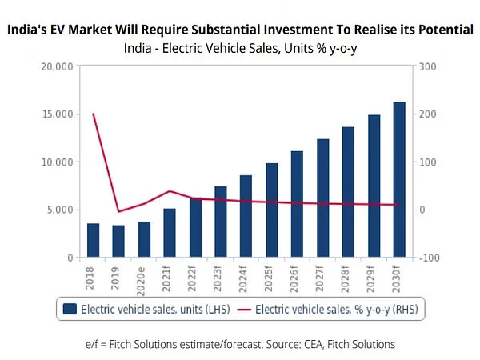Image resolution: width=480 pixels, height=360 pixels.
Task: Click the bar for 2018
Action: coord(94,241)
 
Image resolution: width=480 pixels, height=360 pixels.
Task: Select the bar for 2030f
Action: coord(398,180)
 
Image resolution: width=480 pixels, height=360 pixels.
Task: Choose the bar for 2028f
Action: coord(348,192)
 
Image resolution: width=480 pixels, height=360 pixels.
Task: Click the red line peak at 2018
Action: coord(94,114)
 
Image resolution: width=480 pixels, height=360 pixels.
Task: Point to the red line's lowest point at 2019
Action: coord(119,212)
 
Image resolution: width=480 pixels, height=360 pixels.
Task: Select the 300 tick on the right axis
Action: coord(426,66)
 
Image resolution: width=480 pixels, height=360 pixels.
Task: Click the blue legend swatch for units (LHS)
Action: coord(70,309)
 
